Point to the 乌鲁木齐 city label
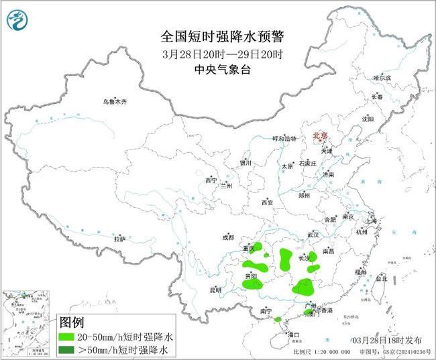[114, 101]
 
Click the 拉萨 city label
[119, 238]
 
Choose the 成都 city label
[228, 237]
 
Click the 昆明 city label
[215, 290]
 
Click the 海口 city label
[292, 333]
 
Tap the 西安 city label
[268, 202]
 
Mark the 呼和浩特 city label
[283, 138]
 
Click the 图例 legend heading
[72, 322]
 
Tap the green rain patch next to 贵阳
[252, 284]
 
